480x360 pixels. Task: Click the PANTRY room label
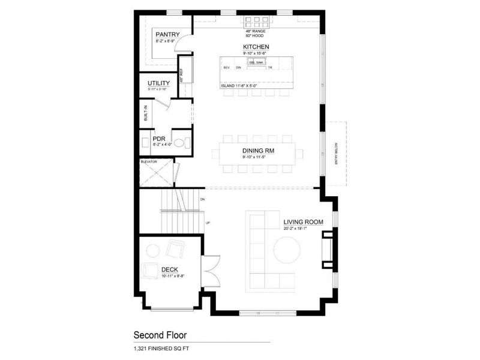167,35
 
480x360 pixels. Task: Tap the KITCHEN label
256,47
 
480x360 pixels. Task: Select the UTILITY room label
158,83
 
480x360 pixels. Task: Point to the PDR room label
159,137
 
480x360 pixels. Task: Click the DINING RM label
259,151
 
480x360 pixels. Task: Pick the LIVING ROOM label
304,222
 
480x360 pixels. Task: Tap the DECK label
169,269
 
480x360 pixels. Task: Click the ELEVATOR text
149,161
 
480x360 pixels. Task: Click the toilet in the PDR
185,143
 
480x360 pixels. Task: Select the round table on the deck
154,250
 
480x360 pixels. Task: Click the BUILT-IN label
145,113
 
